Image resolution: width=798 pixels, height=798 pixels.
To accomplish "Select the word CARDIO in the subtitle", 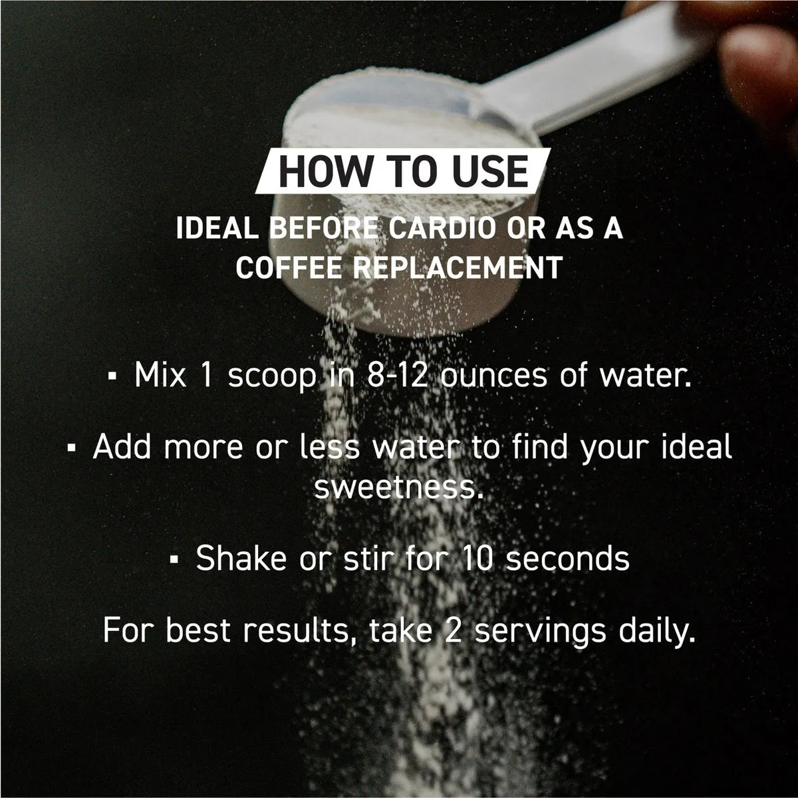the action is coord(442,228).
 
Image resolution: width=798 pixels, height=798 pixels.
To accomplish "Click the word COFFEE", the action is coord(289,267).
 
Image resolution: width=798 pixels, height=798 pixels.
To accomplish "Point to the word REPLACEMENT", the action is coord(458,267).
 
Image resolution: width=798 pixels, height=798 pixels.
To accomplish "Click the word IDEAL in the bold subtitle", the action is coord(217,228).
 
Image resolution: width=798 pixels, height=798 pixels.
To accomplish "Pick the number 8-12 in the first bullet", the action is coord(397,376).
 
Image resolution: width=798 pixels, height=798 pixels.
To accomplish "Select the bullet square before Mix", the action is coord(111,377).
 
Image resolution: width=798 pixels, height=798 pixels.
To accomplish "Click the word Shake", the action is coord(241,558).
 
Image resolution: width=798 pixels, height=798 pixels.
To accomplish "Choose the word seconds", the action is coord(568,558).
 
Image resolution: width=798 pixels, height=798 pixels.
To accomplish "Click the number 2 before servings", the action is coord(453,630).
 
